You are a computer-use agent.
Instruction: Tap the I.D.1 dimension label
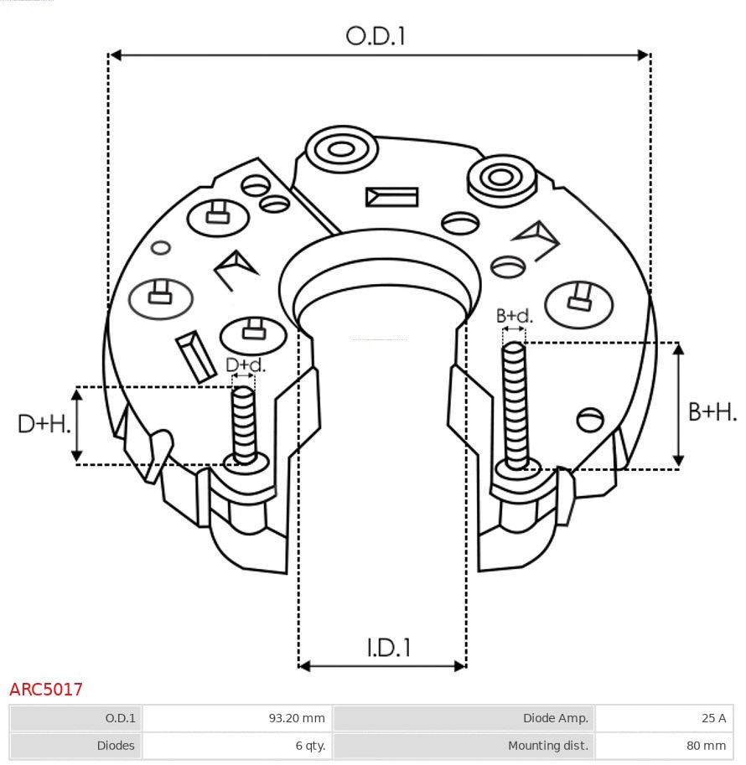pos(388,648)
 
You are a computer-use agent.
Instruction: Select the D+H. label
pos(44,424)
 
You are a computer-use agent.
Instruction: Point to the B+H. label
pos(712,412)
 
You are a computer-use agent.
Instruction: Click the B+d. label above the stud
pos(514,316)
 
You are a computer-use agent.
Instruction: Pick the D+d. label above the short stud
pos(245,365)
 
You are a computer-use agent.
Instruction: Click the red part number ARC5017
pos(46,690)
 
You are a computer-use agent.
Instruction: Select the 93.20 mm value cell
pos(237,718)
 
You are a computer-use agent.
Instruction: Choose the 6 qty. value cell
pos(237,745)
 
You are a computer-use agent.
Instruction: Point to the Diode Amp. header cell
pos(464,718)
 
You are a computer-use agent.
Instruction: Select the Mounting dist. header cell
pos(464,745)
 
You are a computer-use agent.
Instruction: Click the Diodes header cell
pos(76,745)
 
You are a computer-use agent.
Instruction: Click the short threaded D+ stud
pos(245,424)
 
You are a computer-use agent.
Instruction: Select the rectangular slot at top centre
pos(391,197)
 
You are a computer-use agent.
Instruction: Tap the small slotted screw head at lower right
pos(591,417)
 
